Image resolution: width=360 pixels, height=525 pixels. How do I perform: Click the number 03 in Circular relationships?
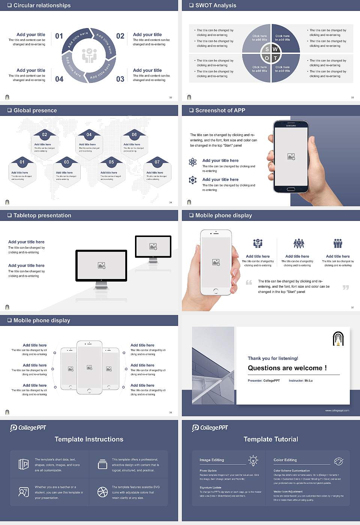coord(120,79)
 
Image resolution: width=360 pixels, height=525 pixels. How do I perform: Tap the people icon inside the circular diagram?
coord(89,55)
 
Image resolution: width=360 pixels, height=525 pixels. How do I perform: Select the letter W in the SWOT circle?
coord(275,49)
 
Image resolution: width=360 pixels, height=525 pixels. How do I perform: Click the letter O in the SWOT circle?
coord(267,58)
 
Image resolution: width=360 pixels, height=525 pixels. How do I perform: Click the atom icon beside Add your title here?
coord(193,162)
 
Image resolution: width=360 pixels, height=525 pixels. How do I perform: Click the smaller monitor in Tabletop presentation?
coord(153,247)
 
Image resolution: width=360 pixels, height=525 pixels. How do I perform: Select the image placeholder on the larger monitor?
coord(101,265)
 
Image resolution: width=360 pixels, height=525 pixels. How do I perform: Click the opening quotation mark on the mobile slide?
coord(249,282)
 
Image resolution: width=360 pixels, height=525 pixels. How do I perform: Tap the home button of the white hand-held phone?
coord(216,291)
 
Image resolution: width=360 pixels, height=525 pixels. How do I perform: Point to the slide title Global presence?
coord(35,111)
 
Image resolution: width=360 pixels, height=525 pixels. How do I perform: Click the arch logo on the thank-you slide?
coord(338,339)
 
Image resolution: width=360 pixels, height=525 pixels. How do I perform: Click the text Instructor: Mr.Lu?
coord(300,381)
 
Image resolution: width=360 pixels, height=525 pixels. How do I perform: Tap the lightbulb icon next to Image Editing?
coord(253,460)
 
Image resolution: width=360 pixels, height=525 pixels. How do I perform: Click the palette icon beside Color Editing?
coord(338,461)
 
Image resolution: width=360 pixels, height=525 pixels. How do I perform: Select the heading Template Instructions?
coord(89,439)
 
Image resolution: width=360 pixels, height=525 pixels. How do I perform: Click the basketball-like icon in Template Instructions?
coord(102,492)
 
